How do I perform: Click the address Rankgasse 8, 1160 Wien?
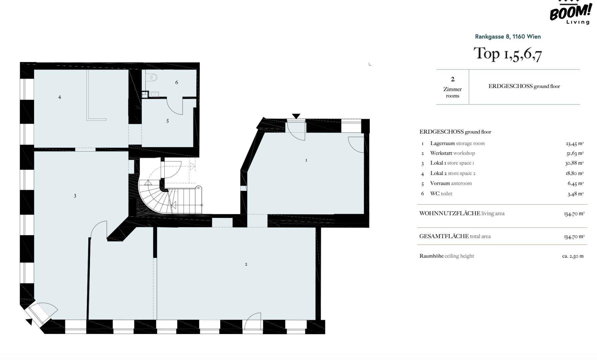tap(508, 37)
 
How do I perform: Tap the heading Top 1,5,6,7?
tap(508, 54)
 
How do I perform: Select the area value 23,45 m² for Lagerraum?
tap(575, 144)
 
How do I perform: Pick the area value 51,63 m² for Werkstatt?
tap(575, 153)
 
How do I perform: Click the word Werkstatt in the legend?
tap(440, 153)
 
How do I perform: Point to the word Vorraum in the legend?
tap(440, 183)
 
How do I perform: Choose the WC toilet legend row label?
tap(441, 194)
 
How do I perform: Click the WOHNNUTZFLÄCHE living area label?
tap(462, 213)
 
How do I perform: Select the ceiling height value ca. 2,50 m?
tap(573, 256)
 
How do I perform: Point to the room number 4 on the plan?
tap(60, 97)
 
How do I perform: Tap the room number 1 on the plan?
tap(306, 160)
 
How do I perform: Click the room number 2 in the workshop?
tap(246, 264)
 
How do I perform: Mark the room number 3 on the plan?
tap(75, 196)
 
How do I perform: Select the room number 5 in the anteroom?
tap(168, 121)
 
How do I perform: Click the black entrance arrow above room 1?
tap(296, 116)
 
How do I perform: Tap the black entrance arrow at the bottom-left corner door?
tap(29, 322)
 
